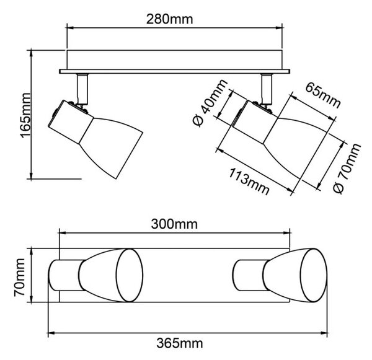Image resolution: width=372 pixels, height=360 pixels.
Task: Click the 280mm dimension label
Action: tap(169, 19)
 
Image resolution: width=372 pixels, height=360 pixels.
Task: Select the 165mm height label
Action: tap(25, 116)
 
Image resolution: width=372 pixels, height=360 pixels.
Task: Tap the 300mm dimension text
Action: tap(174, 224)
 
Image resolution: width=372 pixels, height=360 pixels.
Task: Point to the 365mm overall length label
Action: tap(180, 343)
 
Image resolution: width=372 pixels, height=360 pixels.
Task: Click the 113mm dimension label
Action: tap(249, 182)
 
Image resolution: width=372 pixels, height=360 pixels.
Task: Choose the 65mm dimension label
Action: tap(323, 95)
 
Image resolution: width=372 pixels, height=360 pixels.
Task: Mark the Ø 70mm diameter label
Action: tap(347, 168)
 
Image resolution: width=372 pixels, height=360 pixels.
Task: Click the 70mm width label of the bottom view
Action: tap(19, 277)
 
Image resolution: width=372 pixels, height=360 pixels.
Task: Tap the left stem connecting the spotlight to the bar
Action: tap(82, 89)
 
